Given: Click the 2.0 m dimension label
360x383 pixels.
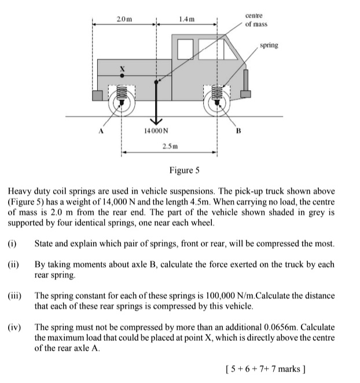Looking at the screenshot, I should click(124, 19).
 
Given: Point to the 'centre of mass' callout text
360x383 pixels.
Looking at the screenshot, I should click(255, 20).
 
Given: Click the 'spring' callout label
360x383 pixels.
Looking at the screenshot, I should click(269, 45).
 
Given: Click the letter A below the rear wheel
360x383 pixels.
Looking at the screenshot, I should click(100, 131).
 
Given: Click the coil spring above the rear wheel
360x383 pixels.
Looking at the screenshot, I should click(121, 92).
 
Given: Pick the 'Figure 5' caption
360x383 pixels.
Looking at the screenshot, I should click(184, 170).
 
